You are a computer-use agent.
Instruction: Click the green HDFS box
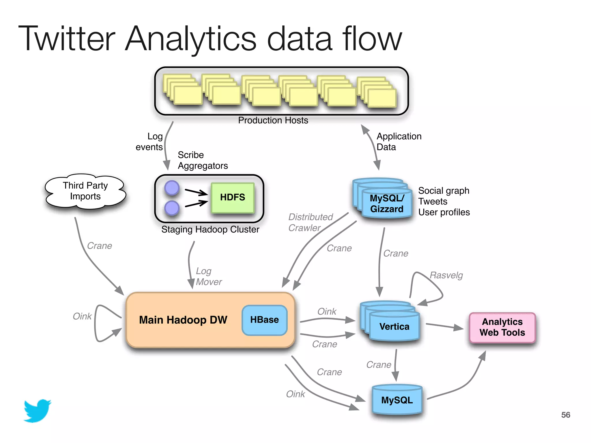[x=233, y=198]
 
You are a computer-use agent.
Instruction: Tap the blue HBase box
[x=265, y=320]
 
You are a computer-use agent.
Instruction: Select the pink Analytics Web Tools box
[x=502, y=327]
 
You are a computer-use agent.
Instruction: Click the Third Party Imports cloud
[x=85, y=191]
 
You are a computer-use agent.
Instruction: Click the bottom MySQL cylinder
[x=397, y=400]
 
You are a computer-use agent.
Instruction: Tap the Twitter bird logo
[x=38, y=411]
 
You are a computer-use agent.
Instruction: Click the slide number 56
[x=566, y=415]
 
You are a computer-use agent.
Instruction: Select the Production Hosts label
[x=273, y=120]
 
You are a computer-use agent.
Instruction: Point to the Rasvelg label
[x=446, y=275]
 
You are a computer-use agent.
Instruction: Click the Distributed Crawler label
[x=311, y=222]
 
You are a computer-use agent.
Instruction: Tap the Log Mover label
[x=209, y=276]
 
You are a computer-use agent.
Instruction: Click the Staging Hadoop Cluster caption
[x=210, y=230]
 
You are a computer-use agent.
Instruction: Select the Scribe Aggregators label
[x=203, y=160]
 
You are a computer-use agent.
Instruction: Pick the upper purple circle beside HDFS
[x=172, y=188]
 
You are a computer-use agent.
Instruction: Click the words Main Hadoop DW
[x=183, y=320]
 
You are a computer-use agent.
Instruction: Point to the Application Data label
[x=399, y=142]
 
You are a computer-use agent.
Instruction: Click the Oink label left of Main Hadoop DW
[x=82, y=316]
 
